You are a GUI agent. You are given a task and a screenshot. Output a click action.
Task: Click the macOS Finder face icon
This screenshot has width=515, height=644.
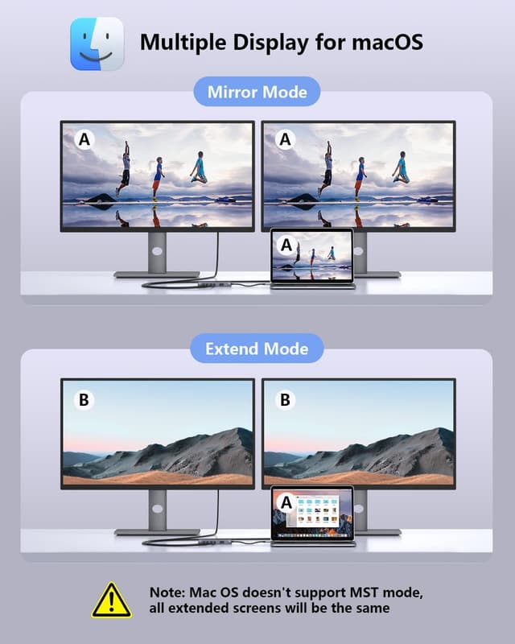click(x=97, y=43)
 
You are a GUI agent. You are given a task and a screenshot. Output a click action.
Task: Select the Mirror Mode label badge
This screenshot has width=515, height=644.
click(x=257, y=92)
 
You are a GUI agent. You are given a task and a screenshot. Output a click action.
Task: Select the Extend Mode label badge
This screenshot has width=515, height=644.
click(x=257, y=349)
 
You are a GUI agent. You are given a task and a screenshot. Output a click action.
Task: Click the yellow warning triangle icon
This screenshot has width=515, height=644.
click(x=112, y=599)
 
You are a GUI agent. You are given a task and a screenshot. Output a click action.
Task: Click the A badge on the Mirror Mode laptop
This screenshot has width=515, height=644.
click(x=285, y=244)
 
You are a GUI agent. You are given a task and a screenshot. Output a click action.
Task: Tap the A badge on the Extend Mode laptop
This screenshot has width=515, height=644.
click(x=285, y=502)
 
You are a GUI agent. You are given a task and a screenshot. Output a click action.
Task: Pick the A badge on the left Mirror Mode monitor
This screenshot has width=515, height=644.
click(x=84, y=140)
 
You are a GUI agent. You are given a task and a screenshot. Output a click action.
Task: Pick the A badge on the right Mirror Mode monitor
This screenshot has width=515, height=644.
click(x=285, y=140)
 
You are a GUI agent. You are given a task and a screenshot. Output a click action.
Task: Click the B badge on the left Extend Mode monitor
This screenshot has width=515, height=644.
click(x=84, y=398)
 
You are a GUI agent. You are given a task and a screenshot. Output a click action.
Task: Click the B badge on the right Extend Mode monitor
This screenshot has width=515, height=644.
click(x=285, y=398)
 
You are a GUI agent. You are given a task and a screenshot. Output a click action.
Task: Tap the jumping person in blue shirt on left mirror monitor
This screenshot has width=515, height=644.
click(x=159, y=177)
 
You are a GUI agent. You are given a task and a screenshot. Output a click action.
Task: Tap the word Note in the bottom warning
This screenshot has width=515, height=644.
click(x=167, y=592)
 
